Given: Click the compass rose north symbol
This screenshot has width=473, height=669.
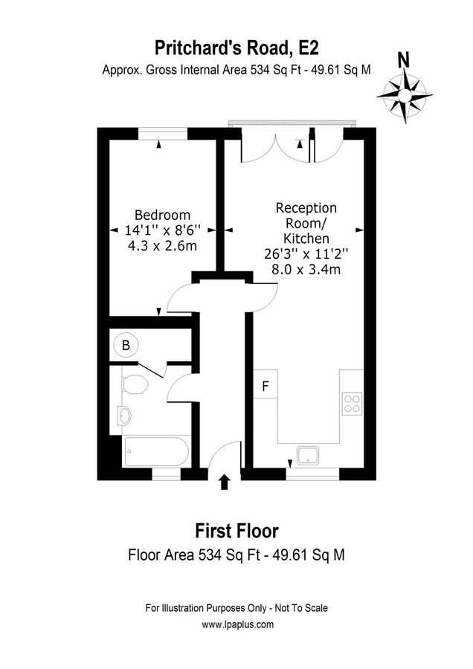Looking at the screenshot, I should pos(405,96).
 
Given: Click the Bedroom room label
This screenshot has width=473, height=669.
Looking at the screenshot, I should pos(162,216).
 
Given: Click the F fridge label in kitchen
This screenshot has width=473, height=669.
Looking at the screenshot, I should pos(265,387).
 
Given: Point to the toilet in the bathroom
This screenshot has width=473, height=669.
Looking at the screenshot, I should pos(133,384).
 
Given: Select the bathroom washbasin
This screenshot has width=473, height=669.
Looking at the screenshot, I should pos(123,415).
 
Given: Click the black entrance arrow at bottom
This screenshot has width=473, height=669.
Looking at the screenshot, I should pos(225,483).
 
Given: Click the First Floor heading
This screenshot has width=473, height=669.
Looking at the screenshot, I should pos(236,531).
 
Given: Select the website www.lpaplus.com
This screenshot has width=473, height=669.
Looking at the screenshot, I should pos(236,625).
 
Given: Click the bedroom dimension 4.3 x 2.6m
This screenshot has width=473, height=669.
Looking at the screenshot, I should pos(162,245).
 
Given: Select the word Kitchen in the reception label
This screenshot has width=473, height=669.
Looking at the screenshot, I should pos(306,239).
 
